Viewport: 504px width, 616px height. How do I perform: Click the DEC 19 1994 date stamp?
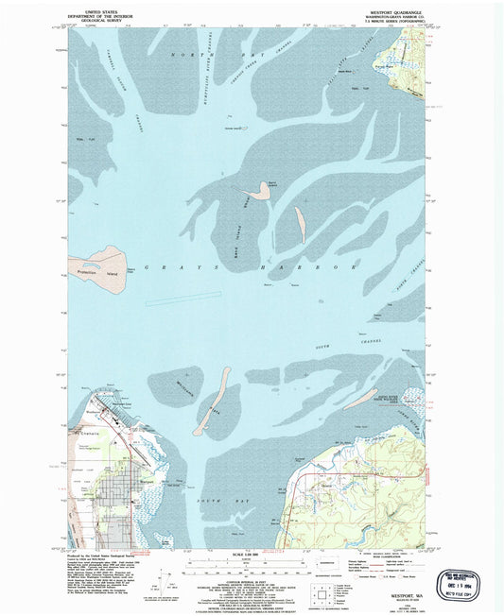tap(466, 583)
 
